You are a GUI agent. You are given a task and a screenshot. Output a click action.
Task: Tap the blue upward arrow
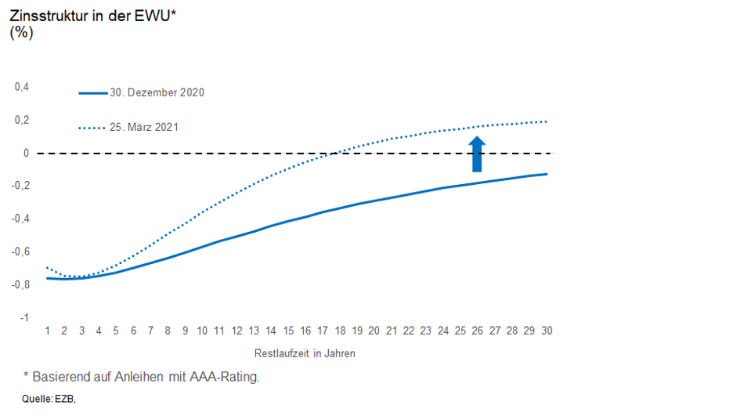(x=477, y=154)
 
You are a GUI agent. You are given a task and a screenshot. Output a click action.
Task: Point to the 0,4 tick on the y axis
(x=22, y=87)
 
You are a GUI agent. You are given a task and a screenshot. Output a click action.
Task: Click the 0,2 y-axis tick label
(x=22, y=120)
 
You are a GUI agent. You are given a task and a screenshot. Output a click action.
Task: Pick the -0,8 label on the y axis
(x=20, y=284)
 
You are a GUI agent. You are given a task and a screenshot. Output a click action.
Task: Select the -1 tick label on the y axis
(x=24, y=317)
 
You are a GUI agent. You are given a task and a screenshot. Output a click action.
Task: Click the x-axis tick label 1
(x=48, y=331)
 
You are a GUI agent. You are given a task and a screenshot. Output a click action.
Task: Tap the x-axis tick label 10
(x=202, y=331)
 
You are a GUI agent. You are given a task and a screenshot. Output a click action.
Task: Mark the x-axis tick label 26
(x=478, y=331)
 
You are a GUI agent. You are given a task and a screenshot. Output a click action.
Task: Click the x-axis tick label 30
(x=547, y=331)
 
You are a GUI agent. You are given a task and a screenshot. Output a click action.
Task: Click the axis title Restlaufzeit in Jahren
(x=305, y=353)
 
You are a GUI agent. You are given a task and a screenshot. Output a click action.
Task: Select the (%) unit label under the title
(x=21, y=32)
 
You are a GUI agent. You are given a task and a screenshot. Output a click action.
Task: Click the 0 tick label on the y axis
(x=26, y=153)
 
